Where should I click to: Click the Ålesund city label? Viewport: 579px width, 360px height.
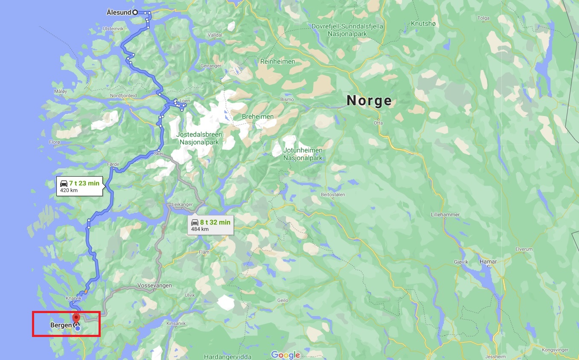click(119, 12)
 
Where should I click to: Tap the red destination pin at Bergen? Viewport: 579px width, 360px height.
click(76, 318)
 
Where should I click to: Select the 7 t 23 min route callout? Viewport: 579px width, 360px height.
click(80, 186)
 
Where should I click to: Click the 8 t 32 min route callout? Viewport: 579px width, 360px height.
click(211, 225)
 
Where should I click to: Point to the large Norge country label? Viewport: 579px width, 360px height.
click(369, 101)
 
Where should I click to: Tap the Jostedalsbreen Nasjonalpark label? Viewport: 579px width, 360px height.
click(199, 138)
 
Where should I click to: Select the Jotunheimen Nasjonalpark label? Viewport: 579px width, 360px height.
click(303, 154)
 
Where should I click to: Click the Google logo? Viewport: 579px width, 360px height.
click(285, 355)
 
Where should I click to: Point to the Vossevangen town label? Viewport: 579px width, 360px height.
click(154, 285)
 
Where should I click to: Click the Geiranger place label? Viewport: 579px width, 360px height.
click(211, 66)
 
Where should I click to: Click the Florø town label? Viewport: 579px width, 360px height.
click(55, 142)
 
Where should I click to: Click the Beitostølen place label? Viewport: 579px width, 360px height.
click(333, 195)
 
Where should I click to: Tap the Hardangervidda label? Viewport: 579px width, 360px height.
click(227, 357)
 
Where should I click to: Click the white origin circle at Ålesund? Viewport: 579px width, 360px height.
click(135, 12)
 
